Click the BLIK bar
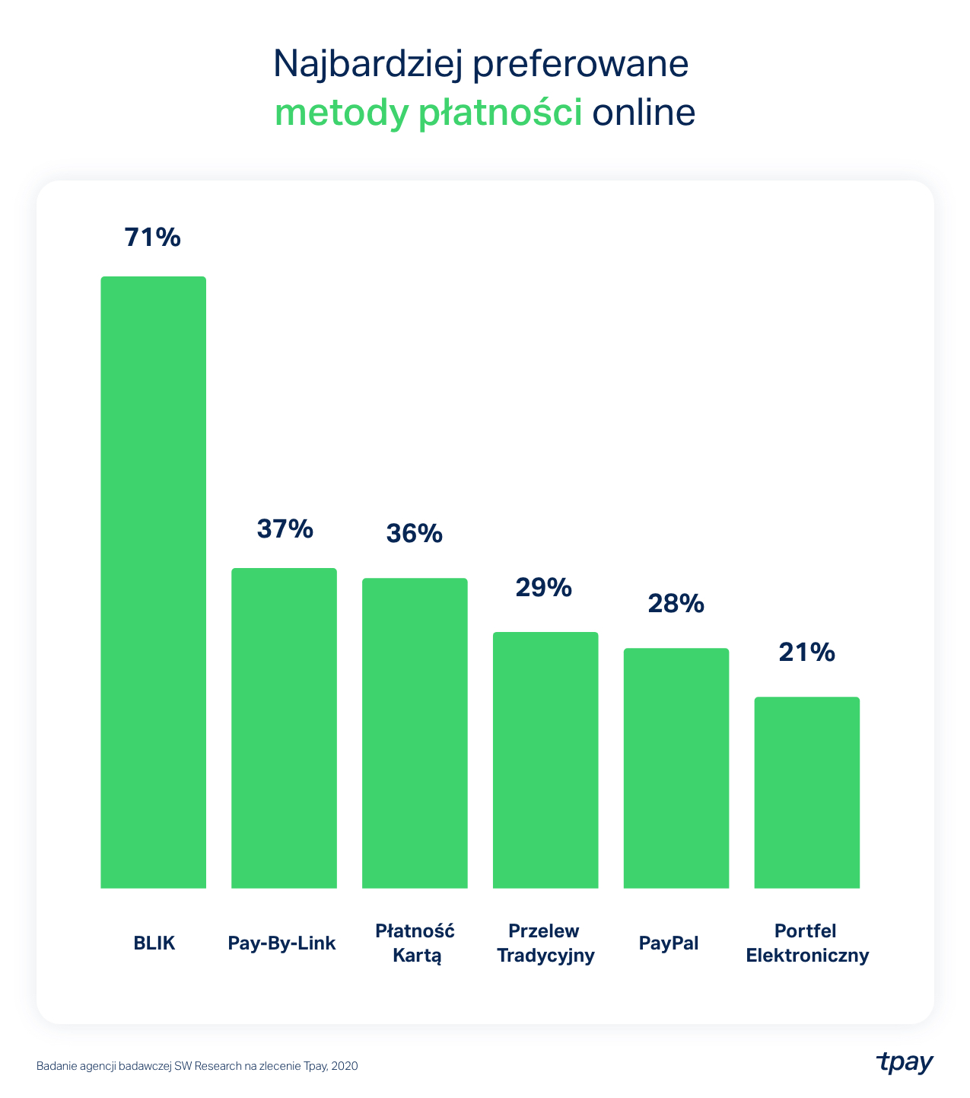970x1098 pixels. [x=153, y=582]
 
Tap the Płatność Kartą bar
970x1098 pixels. [x=415, y=733]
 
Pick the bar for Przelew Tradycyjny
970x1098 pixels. [x=545, y=759]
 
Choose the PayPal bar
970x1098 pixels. [x=676, y=768]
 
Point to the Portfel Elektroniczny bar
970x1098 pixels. [x=807, y=792]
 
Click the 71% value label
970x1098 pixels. [x=153, y=238]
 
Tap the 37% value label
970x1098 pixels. [x=285, y=528]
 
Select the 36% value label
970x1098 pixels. [x=415, y=533]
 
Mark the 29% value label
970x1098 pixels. [x=544, y=587]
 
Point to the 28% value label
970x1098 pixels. [x=676, y=604]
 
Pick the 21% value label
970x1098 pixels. [x=806, y=653]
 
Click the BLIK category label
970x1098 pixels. [x=154, y=943]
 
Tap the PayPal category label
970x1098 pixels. [x=669, y=943]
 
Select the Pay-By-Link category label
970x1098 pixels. [x=281, y=943]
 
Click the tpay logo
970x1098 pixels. [x=905, y=1063]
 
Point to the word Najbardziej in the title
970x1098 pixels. [x=366, y=65]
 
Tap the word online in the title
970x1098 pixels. [x=644, y=113]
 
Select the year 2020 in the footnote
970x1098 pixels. [x=344, y=1067]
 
